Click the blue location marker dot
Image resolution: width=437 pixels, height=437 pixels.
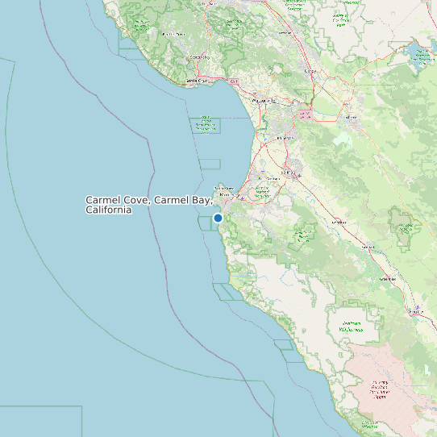pos(218,218)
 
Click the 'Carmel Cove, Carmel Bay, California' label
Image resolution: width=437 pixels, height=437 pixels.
pos(148,204)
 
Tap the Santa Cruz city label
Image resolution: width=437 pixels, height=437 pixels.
pos(198,81)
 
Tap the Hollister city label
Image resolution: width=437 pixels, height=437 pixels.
pos(351,118)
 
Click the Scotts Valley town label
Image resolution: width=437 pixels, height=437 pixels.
pos(198,57)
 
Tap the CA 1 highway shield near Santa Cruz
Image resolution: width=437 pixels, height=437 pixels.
pos(234,81)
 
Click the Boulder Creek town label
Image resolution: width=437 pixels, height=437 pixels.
pos(173,35)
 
